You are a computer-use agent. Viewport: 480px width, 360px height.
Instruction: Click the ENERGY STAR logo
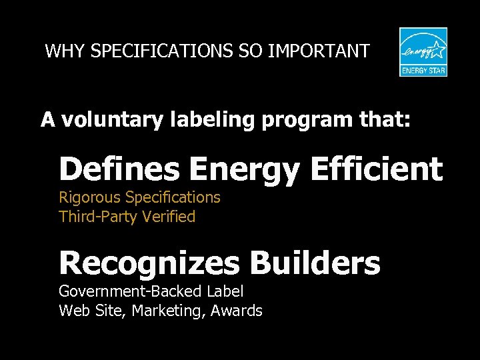point(423,51)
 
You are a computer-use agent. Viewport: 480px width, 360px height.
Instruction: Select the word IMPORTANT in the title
point(319,51)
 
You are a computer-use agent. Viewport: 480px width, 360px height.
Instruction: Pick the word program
point(304,121)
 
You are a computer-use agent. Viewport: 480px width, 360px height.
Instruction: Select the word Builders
point(315,263)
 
